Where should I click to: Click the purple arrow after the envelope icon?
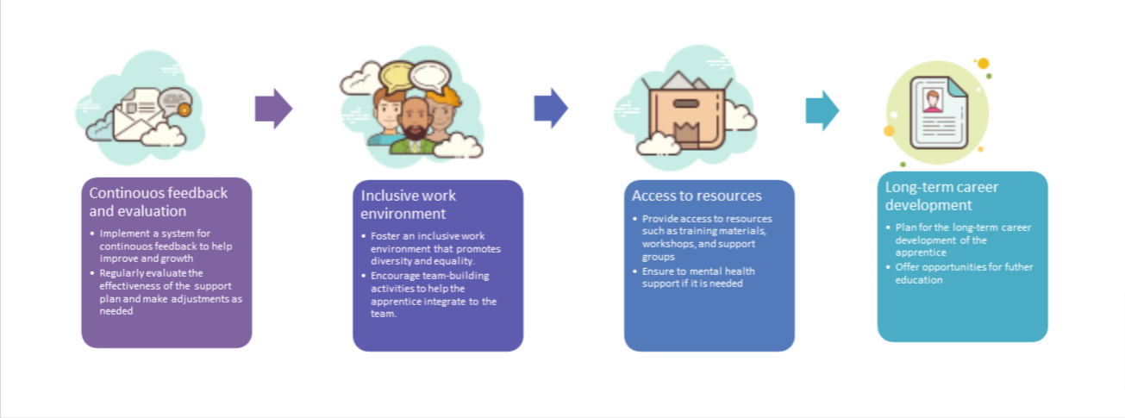click(x=273, y=109)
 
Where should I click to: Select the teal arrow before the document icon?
click(x=822, y=110)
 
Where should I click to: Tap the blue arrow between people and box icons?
click(x=550, y=109)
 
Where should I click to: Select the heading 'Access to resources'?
click(x=697, y=196)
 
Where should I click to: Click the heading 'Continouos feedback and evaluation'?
click(x=158, y=202)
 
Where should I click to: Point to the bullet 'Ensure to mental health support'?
click(x=698, y=277)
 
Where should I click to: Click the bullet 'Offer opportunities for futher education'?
click(x=959, y=273)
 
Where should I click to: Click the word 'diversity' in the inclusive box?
click(x=391, y=261)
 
